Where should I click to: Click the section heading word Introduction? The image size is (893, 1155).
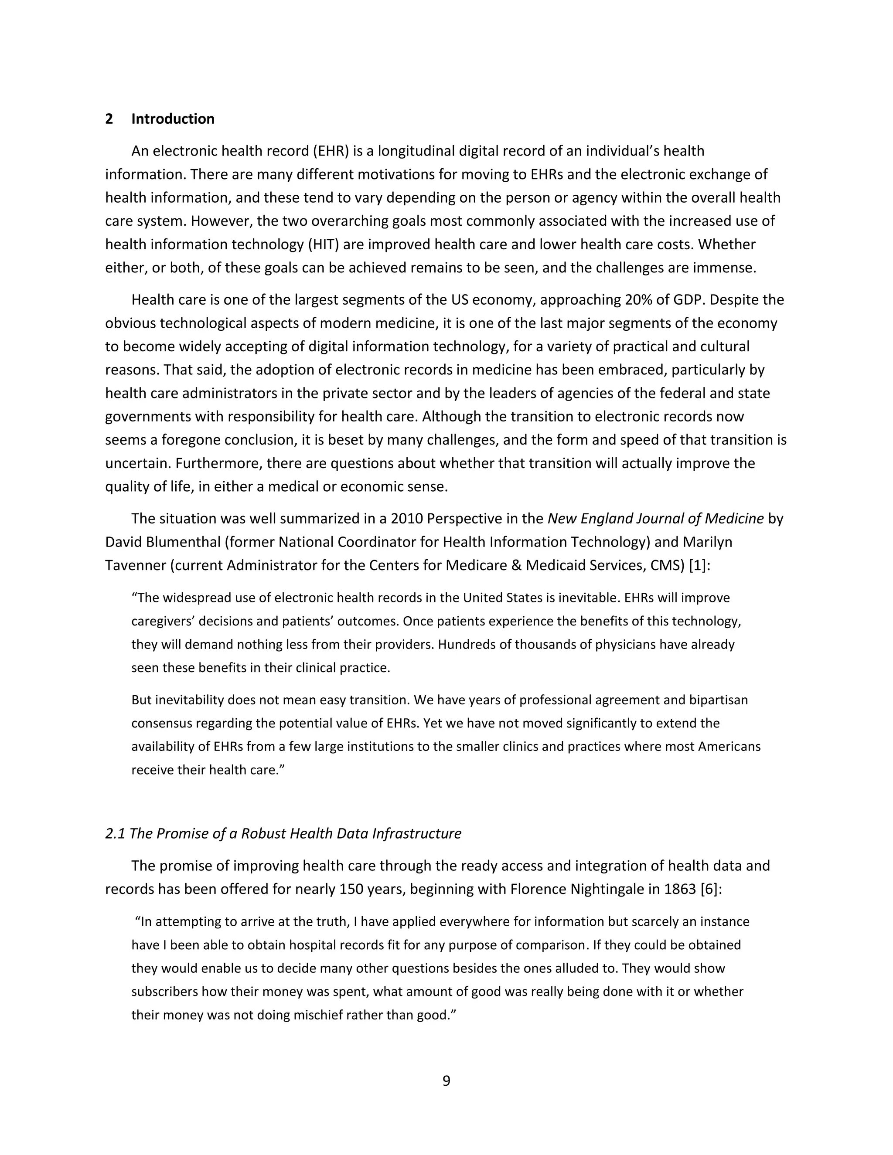[173, 119]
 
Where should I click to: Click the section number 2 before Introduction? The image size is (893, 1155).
[109, 119]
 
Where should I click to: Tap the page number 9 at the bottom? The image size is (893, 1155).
[446, 1081]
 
